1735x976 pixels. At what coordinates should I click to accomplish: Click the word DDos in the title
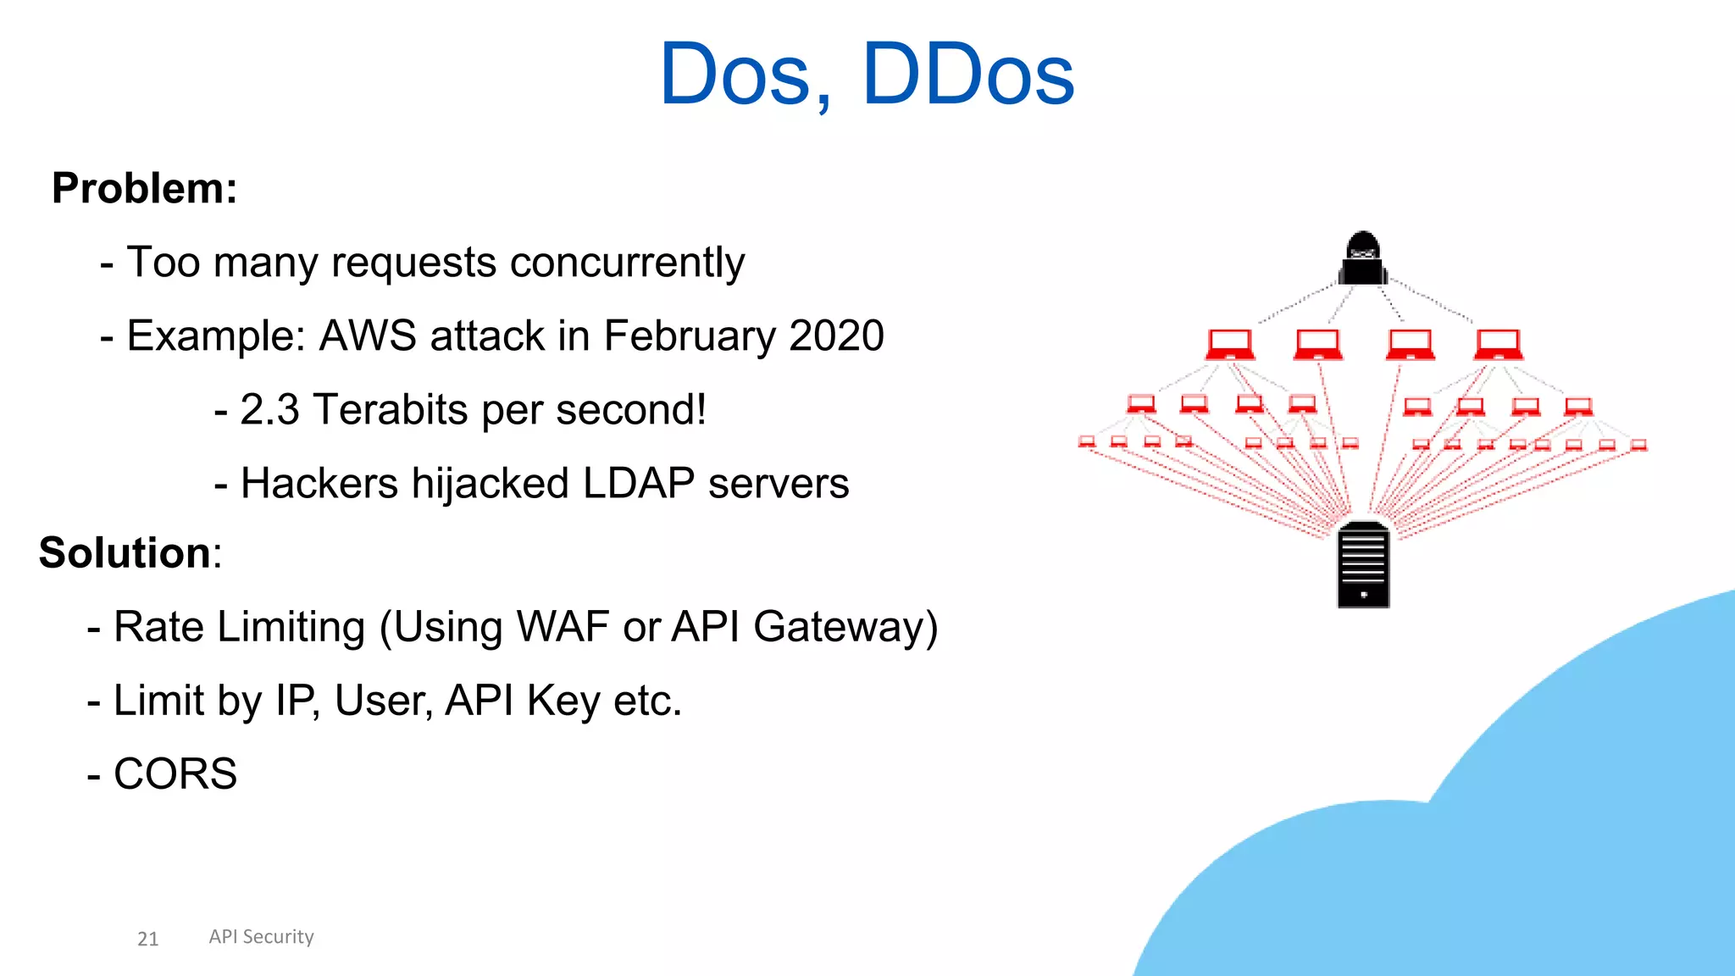(x=967, y=75)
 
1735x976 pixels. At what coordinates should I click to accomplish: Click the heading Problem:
(x=144, y=188)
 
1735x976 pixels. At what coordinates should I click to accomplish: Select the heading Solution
(x=125, y=553)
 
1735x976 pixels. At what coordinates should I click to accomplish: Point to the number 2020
(x=836, y=335)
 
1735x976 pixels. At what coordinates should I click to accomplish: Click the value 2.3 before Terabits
(x=269, y=410)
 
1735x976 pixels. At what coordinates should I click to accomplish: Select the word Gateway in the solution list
(x=845, y=628)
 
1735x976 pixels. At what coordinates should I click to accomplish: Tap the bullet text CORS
(x=175, y=774)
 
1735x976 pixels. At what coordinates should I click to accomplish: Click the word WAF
(x=563, y=628)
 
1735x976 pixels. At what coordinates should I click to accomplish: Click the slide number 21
(x=147, y=939)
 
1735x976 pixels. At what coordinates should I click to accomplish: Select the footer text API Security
(x=261, y=937)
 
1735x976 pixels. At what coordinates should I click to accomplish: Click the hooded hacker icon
(x=1363, y=258)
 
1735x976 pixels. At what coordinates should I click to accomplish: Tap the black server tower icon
(x=1363, y=564)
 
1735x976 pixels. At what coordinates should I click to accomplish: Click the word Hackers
(x=319, y=484)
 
